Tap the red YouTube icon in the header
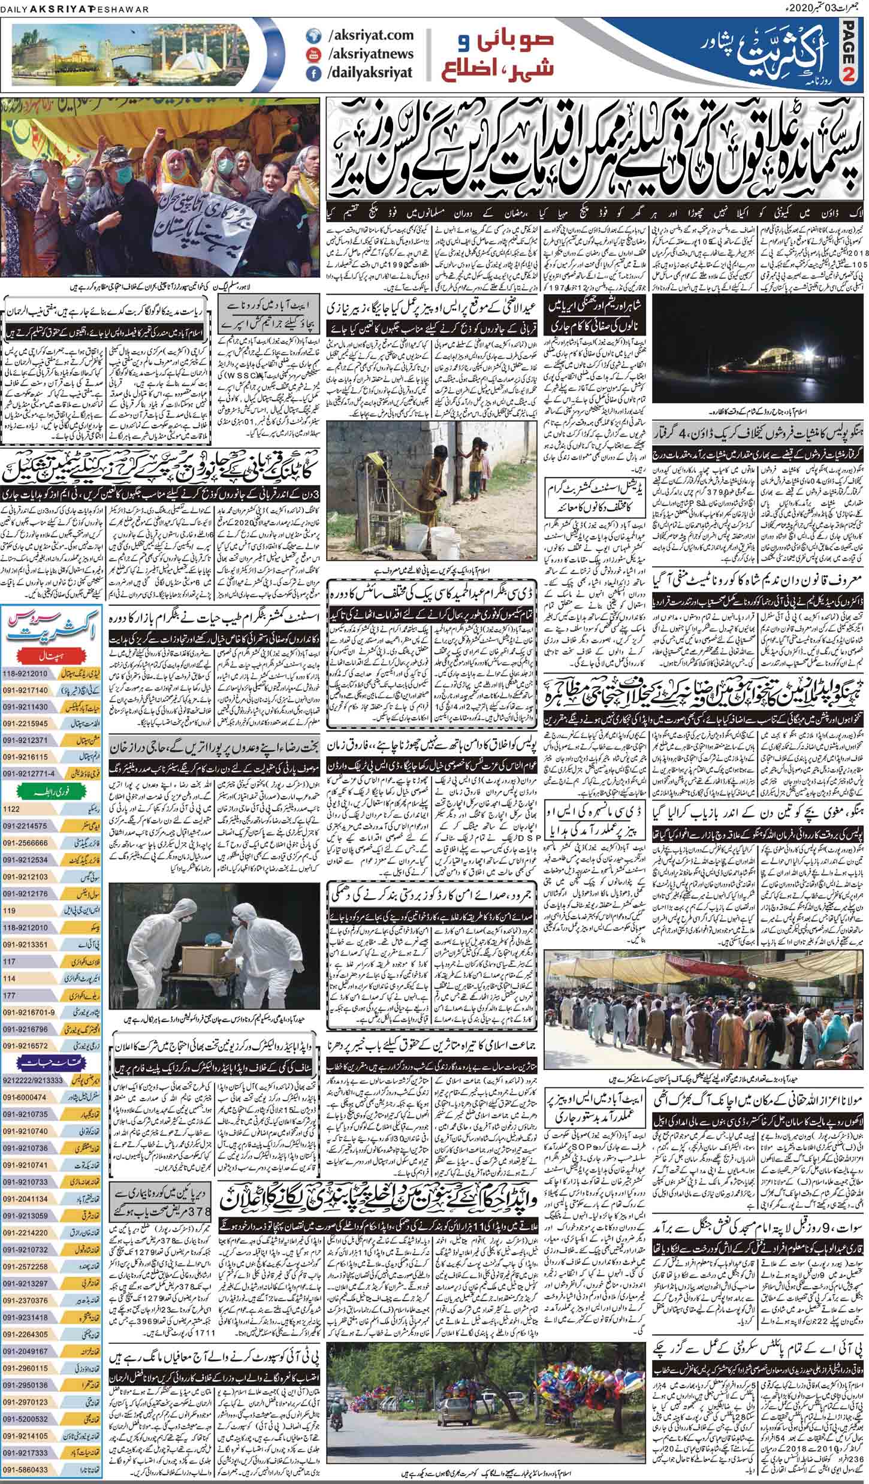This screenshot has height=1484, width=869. [311, 55]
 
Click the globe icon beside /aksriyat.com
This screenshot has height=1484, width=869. [311, 36]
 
